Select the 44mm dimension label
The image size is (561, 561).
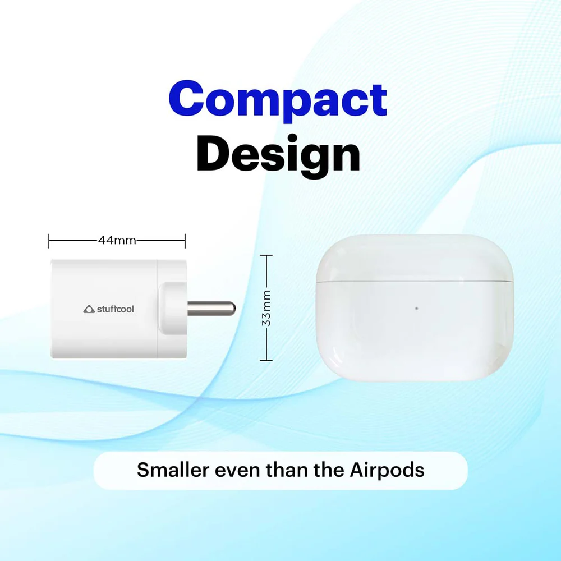click(x=117, y=240)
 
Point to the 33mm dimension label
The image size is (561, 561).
click(x=266, y=307)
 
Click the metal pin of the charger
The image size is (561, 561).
click(x=211, y=309)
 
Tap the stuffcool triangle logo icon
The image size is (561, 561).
click(x=89, y=309)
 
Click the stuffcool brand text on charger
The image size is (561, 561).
click(x=115, y=309)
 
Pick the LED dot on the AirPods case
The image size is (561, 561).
click(x=416, y=308)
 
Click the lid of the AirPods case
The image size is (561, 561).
click(x=415, y=258)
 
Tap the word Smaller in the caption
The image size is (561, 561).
click(x=173, y=470)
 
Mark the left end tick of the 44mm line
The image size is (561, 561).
click(x=49, y=241)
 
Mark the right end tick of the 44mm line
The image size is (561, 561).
click(x=185, y=241)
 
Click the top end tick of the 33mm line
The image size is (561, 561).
click(x=266, y=255)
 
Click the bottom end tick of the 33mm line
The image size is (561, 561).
click(x=266, y=360)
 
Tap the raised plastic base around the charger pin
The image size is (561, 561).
click(x=173, y=309)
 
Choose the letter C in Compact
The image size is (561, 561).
click(x=185, y=98)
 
